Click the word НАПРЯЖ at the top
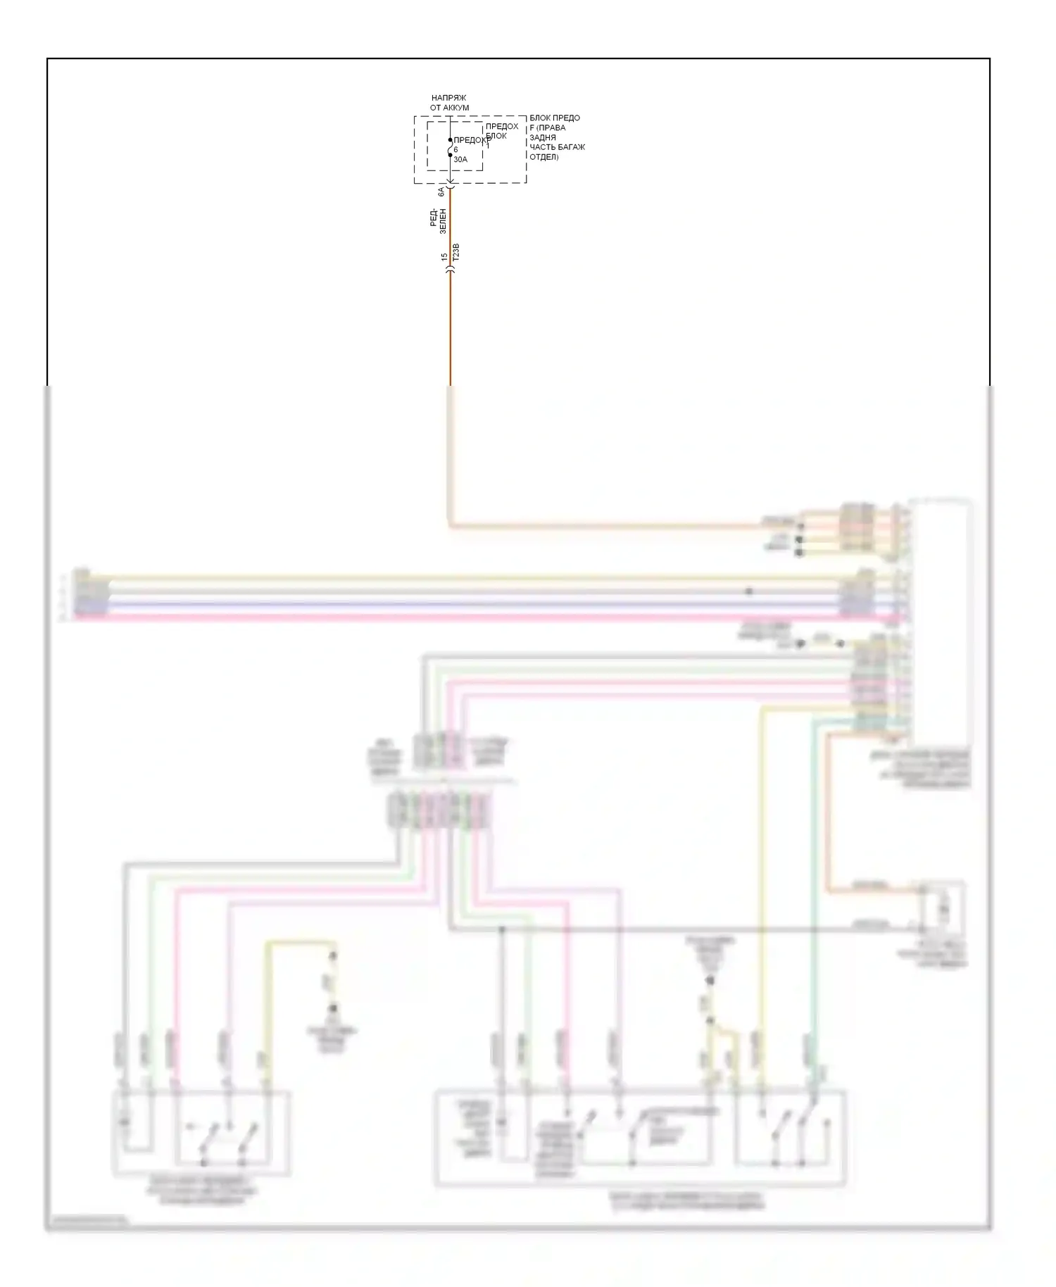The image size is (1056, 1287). [x=448, y=98]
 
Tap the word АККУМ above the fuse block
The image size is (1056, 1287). [x=456, y=108]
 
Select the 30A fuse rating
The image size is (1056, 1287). [x=460, y=160]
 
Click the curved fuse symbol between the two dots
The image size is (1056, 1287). [x=451, y=148]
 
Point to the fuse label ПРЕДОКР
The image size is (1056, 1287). [x=471, y=140]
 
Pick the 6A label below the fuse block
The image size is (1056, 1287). [x=441, y=192]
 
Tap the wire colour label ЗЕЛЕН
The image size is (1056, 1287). [x=443, y=221]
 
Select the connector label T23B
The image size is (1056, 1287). [x=456, y=253]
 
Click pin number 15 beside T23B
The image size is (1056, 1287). [x=444, y=258]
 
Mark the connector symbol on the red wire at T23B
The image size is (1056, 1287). [x=451, y=268]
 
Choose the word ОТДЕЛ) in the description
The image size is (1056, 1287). [x=543, y=157]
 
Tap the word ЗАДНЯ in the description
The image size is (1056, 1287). [x=543, y=137]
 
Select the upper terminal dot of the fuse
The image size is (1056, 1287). [x=451, y=140]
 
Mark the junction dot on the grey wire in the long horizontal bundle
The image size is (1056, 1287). [x=749, y=591]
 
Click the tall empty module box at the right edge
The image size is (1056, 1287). [x=941, y=620]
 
